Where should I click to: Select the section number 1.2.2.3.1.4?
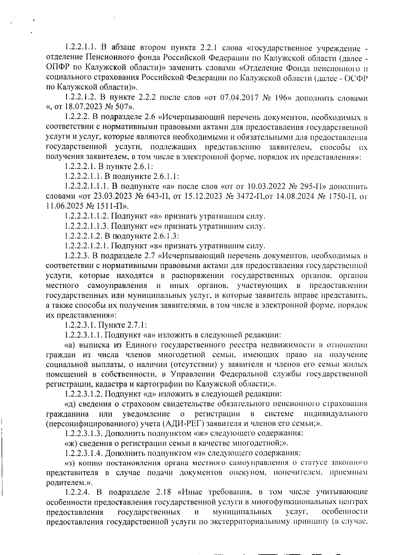[84, 453]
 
